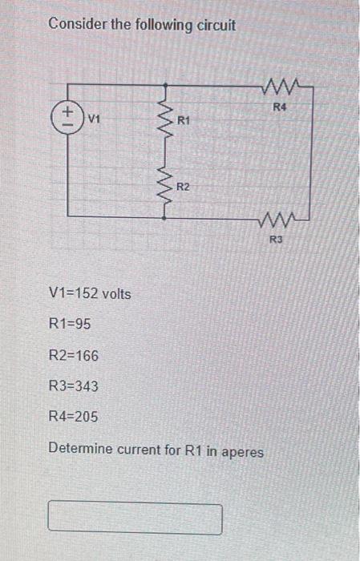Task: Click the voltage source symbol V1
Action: coord(68,117)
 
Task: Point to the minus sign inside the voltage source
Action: coord(68,124)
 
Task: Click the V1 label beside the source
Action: coord(94,120)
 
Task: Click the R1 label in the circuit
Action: coord(184,121)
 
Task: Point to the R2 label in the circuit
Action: coord(184,187)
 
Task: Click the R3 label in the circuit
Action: coord(276,238)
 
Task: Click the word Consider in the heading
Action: coord(76,25)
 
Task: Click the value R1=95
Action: coord(72,325)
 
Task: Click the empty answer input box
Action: coord(135,519)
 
